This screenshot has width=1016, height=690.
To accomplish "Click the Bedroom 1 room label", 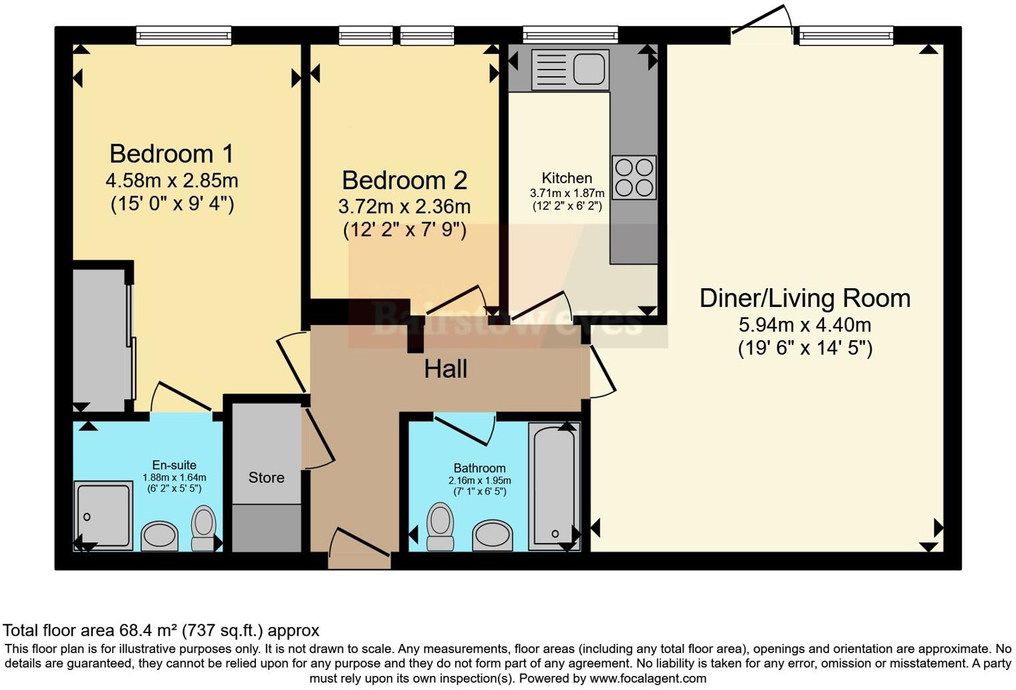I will [x=172, y=154].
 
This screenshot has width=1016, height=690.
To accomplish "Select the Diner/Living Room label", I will [x=805, y=298].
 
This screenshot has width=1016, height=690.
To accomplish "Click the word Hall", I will [x=445, y=369].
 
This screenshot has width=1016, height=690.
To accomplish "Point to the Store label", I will [x=266, y=477].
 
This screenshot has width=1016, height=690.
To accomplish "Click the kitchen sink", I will [x=569, y=70].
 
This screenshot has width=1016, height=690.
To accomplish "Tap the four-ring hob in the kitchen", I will [x=634, y=177].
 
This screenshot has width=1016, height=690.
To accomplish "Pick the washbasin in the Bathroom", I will [x=493, y=534].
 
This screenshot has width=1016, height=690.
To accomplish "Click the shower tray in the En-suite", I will [x=103, y=515].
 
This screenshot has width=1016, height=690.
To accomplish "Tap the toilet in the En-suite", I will [x=204, y=528].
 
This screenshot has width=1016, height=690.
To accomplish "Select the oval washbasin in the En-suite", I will [x=160, y=536].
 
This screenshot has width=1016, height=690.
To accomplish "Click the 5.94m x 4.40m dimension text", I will [x=805, y=326].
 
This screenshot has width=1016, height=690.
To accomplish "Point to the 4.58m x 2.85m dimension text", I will [x=172, y=181].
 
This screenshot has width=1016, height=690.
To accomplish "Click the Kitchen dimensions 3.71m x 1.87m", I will [x=567, y=193].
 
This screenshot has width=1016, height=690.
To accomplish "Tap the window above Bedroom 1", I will [x=183, y=35].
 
